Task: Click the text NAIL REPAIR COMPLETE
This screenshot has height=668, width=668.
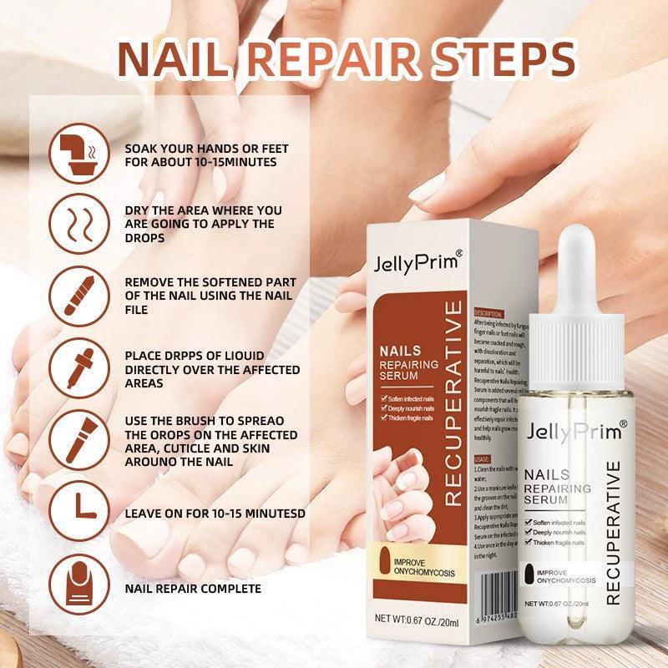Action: (x=193, y=589)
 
